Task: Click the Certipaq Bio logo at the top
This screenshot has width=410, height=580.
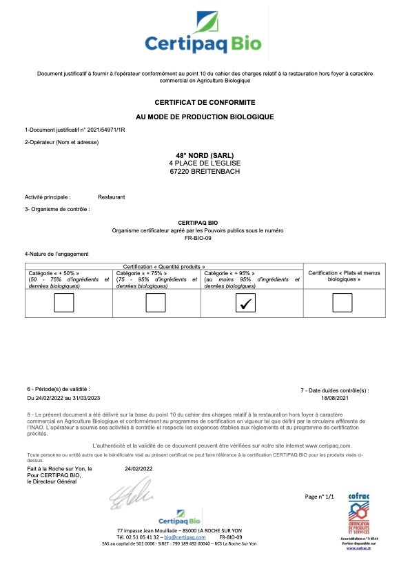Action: point(204,34)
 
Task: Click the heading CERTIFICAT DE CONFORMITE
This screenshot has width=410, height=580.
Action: point(204,101)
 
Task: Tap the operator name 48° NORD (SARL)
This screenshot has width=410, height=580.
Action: point(204,154)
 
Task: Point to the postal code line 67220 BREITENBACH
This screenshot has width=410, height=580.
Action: point(204,170)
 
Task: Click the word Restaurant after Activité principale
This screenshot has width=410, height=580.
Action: point(111,197)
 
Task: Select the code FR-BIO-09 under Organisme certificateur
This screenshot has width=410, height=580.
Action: point(204,237)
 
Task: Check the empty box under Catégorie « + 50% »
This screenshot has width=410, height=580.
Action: point(64,302)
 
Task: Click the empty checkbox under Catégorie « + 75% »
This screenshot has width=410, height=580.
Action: point(156,302)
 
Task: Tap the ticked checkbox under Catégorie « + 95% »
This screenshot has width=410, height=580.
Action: point(245,302)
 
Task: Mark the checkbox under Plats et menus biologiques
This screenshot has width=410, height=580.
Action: point(342,302)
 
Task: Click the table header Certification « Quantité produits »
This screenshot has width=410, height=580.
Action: point(164,266)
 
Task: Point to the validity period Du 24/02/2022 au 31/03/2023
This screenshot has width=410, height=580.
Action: point(63,398)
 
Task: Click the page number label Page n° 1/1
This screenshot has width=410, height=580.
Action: point(319,496)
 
